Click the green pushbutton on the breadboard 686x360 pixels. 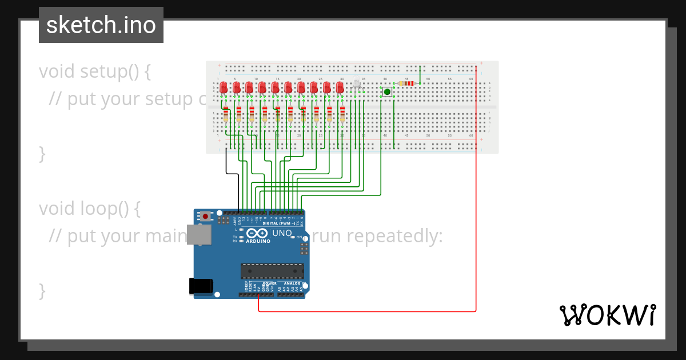click(387, 91)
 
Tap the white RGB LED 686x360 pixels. click(357, 84)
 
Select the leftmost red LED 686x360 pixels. click(224, 87)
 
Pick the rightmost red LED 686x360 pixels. click(340, 87)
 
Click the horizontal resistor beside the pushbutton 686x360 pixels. click(406, 83)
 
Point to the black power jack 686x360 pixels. click(201, 286)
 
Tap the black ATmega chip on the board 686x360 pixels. click(272, 271)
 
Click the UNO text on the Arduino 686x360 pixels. click(281, 234)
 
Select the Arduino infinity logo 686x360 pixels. click(257, 234)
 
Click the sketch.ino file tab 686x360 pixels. click(101, 25)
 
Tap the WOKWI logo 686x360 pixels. click(607, 315)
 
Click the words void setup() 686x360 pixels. click(95, 71)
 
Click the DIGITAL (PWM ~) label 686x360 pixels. click(279, 223)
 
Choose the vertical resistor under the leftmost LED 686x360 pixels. click(226, 114)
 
